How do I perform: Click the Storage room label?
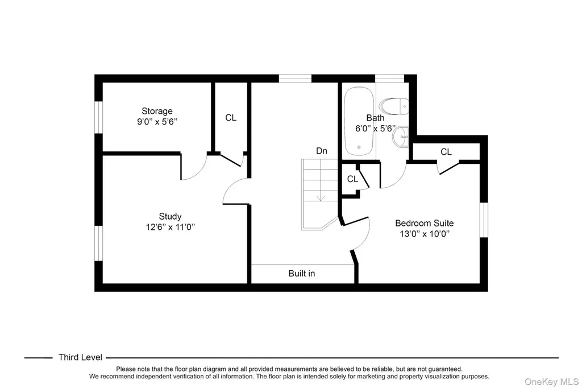pos(157,111)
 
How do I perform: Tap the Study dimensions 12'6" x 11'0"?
pos(171,227)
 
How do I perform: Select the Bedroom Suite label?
pos(424,224)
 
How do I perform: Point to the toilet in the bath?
pos(394,106)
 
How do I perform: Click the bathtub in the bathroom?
pos(359,121)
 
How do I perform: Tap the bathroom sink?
pos(401,137)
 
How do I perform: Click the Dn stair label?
pos(322,151)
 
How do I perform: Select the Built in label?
pos(302,274)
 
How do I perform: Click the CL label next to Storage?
pos(231,118)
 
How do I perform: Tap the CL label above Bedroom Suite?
pos(446,152)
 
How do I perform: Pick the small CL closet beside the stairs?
pos(352,179)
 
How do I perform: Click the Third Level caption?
pos(80,357)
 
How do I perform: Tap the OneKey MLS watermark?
pos(551,382)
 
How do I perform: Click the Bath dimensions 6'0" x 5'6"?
pos(375,129)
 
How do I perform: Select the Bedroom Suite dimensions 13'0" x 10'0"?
pos(424,234)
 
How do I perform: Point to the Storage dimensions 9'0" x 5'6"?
pos(157,122)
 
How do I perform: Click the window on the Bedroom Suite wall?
pos(484,220)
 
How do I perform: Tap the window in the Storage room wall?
pos(98,117)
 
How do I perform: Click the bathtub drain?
pos(359,147)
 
